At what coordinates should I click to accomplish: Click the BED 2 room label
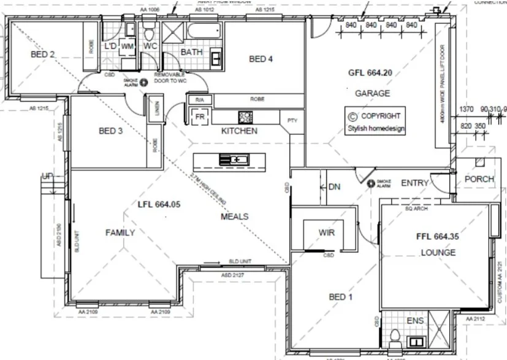[43, 55]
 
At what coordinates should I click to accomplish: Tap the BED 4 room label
[261, 59]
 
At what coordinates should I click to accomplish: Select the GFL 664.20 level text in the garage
[370, 72]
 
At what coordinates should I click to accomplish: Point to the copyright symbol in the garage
[352, 116]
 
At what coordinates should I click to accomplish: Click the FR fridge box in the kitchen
[199, 117]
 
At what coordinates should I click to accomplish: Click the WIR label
[326, 233]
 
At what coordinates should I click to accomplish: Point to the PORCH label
[478, 179]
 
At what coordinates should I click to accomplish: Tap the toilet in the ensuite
[396, 338]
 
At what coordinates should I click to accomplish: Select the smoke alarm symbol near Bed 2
[144, 82]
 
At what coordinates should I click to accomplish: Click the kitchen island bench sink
[234, 161]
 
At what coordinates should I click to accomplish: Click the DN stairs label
[334, 186]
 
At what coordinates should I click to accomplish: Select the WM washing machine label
[128, 46]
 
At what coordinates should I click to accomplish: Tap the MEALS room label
[234, 216]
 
